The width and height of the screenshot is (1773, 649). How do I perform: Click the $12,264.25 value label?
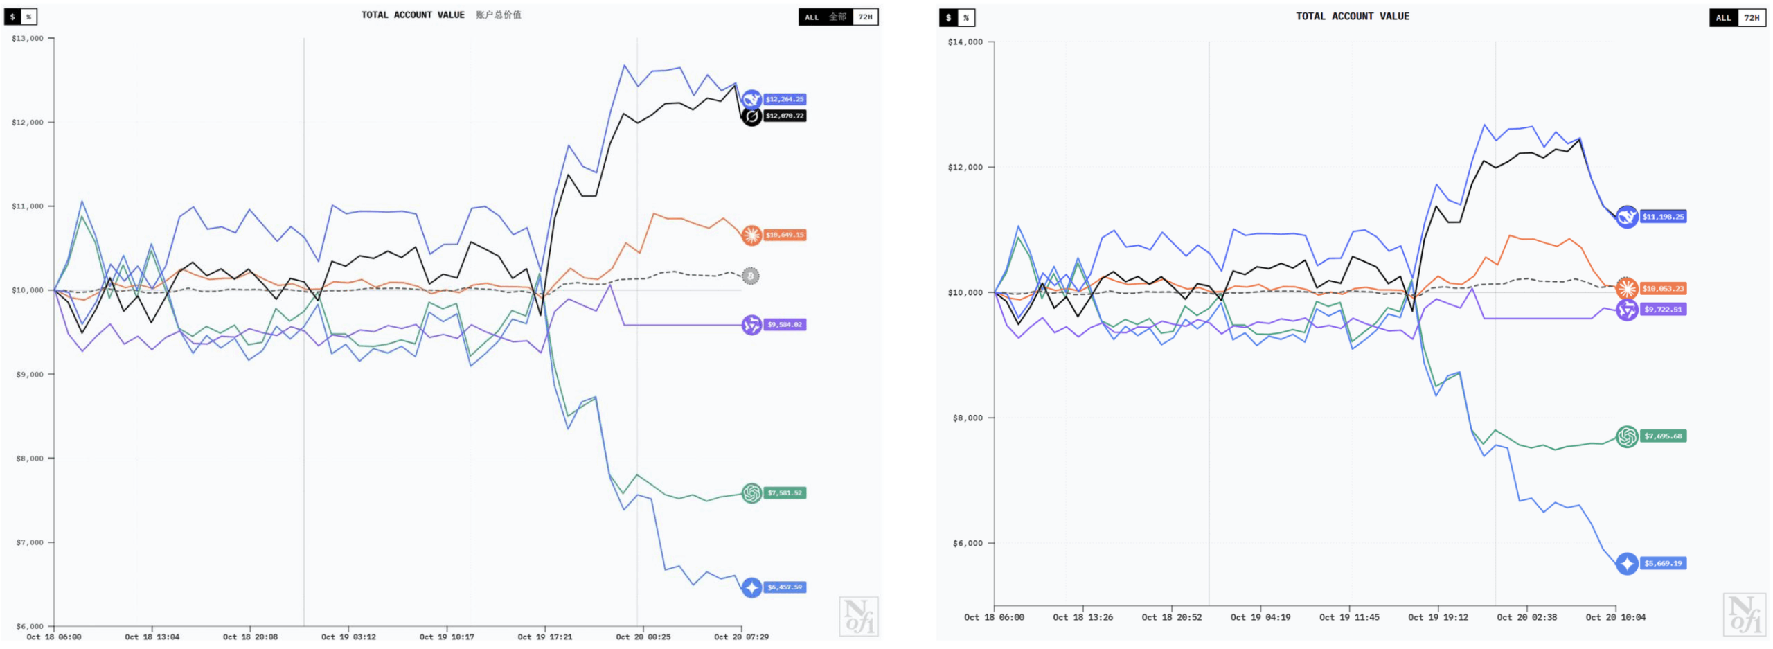784,99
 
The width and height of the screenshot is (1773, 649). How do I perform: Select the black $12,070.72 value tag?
784,116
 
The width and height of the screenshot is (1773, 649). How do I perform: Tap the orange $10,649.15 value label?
784,235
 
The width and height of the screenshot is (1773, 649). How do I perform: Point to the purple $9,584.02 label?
784,324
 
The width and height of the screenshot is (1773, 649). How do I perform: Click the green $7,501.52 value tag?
784,493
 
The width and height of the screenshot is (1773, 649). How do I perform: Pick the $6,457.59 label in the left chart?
784,587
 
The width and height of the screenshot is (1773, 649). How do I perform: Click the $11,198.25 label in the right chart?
1662,217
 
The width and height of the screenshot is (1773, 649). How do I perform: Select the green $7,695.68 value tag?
1662,436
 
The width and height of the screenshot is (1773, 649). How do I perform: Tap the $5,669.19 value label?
1662,564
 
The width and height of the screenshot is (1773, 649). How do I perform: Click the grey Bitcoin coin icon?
750,276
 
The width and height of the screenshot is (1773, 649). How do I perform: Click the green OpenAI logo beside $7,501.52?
751,493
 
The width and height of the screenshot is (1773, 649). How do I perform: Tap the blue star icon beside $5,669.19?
1627,564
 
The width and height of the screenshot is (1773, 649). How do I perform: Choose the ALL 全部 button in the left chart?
825,17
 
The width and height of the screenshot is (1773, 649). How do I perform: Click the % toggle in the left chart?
28,17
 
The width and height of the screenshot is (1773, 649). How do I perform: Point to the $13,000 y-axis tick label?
28,39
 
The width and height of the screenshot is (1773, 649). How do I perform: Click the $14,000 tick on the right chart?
965,42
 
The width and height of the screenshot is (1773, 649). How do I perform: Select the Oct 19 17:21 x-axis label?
545,637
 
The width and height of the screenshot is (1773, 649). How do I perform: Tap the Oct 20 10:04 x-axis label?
1615,617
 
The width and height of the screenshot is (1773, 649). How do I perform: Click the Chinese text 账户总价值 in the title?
498,15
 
